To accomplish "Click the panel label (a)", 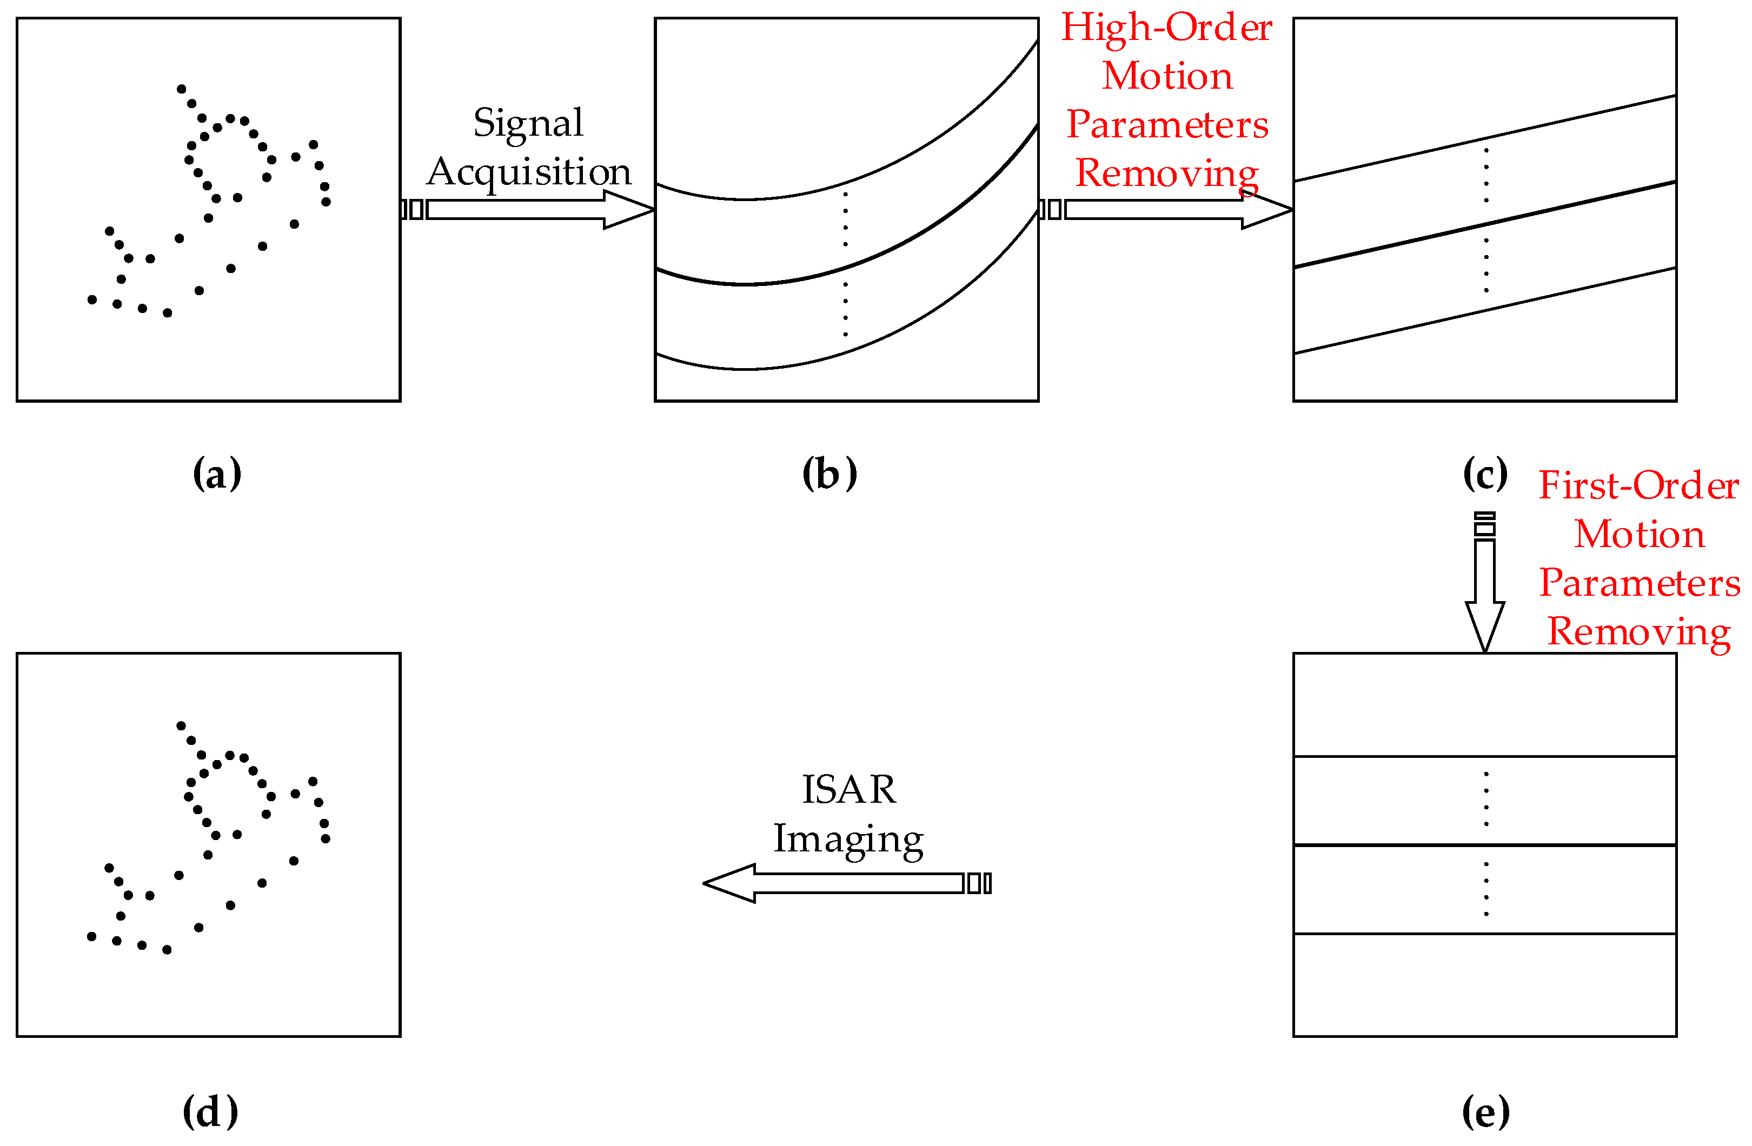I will click(217, 474).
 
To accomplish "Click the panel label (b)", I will click(829, 474).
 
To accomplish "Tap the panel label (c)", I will click(1485, 474).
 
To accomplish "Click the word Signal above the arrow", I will click(528, 123).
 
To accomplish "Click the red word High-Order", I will click(1167, 28).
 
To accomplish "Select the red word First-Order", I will click(1638, 486).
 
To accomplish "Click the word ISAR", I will click(849, 790).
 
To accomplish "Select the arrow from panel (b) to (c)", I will click(1167, 210).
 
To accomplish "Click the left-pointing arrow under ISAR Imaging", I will click(847, 883).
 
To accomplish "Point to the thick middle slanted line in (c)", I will click(1485, 224).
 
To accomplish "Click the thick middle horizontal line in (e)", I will click(1485, 845).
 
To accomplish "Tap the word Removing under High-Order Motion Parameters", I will click(1167, 174).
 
